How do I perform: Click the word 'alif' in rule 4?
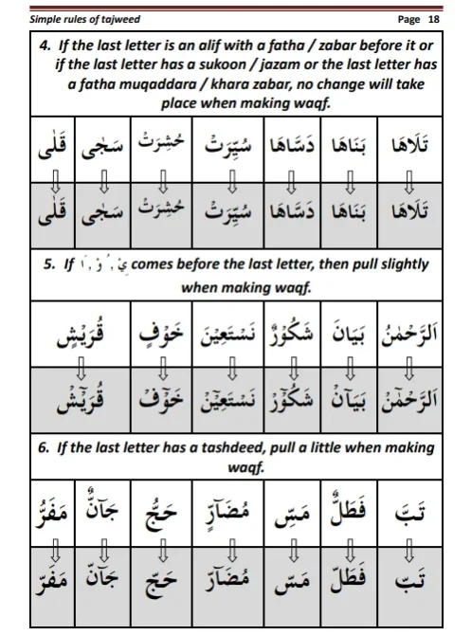click(208, 45)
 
